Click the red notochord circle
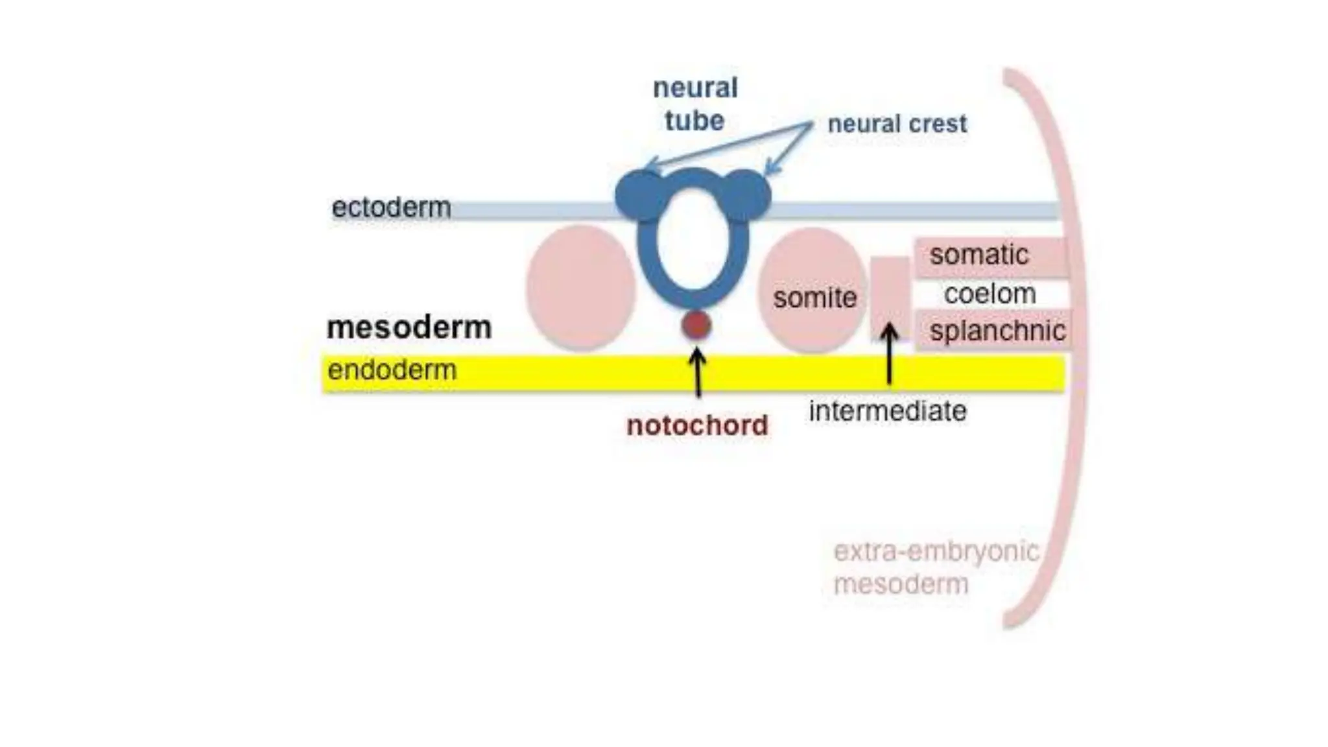696,325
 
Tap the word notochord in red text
697,426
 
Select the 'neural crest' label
897,124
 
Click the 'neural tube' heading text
694,104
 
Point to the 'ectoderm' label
391,207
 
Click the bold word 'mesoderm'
409,327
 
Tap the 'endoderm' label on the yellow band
392,370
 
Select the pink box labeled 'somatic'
991,255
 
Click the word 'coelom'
990,294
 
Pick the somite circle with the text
812,290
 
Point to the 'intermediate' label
887,411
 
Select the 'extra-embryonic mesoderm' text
935,567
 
